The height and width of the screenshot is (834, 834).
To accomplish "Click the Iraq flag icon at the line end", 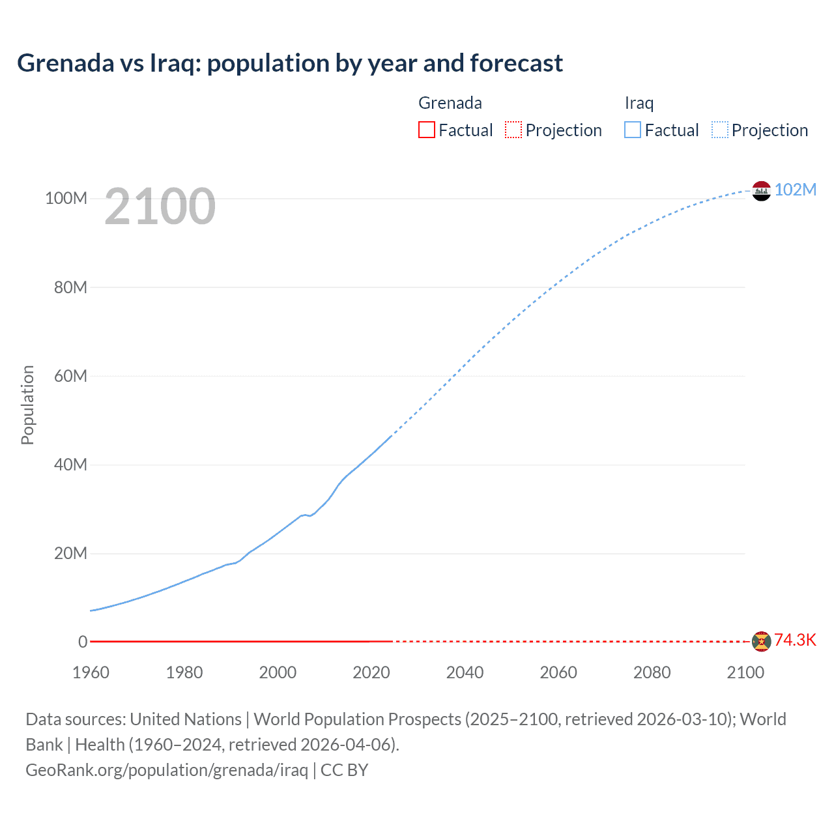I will tap(761, 191).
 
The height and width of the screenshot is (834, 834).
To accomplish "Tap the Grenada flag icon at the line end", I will tap(761, 641).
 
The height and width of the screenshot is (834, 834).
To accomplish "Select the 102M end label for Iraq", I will tap(796, 190).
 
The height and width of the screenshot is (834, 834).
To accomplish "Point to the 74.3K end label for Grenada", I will tap(795, 640).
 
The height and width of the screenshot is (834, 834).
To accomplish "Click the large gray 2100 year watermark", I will tap(160, 206).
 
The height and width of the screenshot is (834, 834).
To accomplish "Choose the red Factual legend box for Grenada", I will tap(426, 130).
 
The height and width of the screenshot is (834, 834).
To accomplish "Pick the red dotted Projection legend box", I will tap(513, 130).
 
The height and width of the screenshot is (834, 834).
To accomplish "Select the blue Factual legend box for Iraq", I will tap(632, 130).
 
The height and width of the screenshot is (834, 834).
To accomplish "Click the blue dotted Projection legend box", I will tap(719, 130).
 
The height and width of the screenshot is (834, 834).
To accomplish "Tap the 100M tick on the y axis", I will tap(66, 199).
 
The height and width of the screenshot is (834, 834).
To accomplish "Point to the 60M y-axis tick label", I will tap(70, 376).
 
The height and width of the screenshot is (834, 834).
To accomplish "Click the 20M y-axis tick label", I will tap(70, 553).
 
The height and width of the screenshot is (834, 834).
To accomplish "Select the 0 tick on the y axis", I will tap(83, 642).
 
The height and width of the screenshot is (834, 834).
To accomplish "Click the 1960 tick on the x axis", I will tap(91, 672).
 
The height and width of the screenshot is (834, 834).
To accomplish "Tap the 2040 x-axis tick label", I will tap(465, 672).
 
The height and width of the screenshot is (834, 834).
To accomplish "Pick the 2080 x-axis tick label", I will tap(652, 672).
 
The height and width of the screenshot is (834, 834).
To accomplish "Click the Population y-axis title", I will tap(27, 405).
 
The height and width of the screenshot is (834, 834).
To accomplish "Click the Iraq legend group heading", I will tap(639, 103).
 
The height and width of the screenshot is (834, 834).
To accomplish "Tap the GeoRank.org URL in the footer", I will tap(167, 770).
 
